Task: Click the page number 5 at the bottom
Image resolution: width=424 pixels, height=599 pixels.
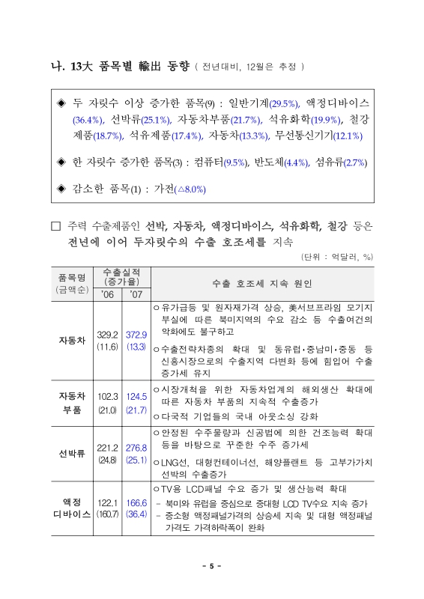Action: [212, 566]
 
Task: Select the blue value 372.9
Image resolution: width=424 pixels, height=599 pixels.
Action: [136, 334]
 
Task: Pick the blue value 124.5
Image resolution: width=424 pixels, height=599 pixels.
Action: [136, 396]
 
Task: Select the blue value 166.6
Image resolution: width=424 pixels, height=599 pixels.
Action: [136, 502]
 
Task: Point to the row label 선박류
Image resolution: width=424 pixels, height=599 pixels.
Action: [72, 453]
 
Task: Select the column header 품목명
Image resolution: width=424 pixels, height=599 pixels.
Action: [72, 276]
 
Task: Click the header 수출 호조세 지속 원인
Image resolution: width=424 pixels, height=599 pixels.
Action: [261, 284]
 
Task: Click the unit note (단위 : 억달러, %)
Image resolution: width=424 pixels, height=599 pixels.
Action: [336, 257]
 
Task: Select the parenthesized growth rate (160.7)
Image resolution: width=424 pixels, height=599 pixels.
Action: [106, 515]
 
